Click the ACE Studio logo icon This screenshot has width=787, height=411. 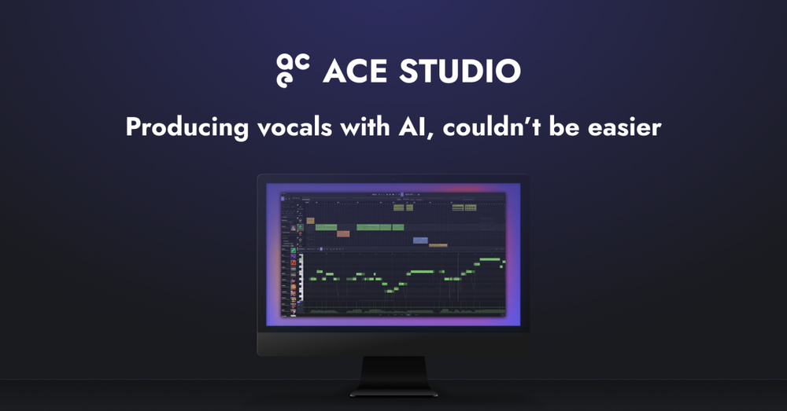pyautogui.click(x=293, y=69)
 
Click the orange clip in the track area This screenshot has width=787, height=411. pyautogui.click(x=342, y=234)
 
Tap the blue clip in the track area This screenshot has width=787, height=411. pyautogui.click(x=420, y=240)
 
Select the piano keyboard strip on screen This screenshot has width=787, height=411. pyautogui.click(x=300, y=283)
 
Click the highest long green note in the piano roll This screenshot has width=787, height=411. pyautogui.click(x=490, y=259)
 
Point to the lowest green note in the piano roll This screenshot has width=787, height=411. pyautogui.click(x=390, y=291)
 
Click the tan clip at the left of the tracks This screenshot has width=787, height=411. pyautogui.click(x=310, y=221)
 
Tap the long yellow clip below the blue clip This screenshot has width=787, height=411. pyautogui.click(x=438, y=245)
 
